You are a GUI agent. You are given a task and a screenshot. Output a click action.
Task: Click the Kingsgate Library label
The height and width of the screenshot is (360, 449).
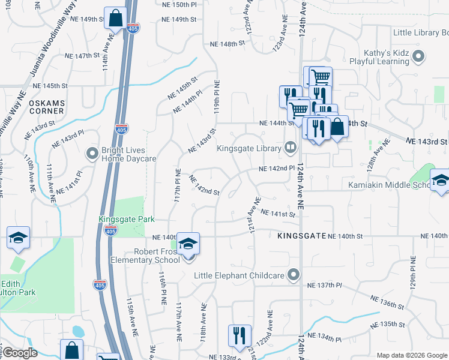coord(249,148)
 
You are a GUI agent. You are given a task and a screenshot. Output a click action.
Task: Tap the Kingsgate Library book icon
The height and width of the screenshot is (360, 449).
coord(291,148)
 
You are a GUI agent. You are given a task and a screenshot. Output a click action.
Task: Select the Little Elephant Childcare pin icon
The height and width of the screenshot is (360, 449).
coord(293,275)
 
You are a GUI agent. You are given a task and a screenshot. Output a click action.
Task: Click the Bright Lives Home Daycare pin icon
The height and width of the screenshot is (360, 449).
coord(92,154)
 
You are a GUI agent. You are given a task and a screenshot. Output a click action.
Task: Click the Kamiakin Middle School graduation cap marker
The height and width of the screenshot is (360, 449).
coord(440,181)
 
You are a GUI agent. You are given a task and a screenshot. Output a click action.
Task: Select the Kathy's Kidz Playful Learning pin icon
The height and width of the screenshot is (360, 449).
coord(419,57)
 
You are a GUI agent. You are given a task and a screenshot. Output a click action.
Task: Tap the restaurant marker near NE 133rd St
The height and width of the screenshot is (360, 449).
coord(240,335)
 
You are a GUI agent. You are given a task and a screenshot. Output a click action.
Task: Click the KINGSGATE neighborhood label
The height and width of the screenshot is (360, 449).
coord(301,236)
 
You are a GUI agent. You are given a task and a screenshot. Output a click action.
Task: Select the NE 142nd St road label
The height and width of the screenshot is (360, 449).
coord(205,185)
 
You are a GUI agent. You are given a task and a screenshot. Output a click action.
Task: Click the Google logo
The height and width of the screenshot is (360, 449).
coord(20,353)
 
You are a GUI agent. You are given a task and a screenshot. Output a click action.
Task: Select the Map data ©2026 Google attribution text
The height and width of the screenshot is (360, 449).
coord(411,355)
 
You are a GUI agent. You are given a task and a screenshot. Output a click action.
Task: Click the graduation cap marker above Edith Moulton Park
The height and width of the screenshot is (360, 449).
coord(18,238)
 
